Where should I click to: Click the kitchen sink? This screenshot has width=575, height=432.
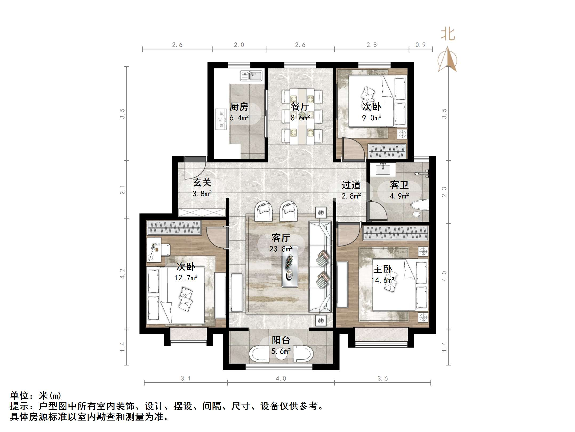coord(251,76)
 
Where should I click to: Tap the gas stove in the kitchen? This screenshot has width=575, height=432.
coord(221,119)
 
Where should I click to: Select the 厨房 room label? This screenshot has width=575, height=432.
coord(239,107)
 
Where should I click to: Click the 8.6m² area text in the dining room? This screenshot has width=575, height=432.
coord(300,118)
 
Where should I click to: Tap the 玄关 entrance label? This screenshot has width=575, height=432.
coord(202,183)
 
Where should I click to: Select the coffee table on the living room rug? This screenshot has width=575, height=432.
coord(290,270)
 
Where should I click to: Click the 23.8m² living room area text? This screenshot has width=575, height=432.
coord(281,249)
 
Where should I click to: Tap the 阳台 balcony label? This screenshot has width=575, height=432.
coord(281,340)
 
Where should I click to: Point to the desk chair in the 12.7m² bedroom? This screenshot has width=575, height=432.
coord(165,250)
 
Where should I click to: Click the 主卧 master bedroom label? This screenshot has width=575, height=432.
coord(382,269)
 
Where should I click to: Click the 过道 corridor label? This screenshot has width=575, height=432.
coord(351,185)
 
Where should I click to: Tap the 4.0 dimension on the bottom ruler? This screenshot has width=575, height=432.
coord(281,378)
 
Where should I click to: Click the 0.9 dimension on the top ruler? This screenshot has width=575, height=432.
coord(420,45)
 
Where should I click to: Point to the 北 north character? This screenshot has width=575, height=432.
coord(448,34)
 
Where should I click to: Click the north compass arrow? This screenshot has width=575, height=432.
coord(448,59)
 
